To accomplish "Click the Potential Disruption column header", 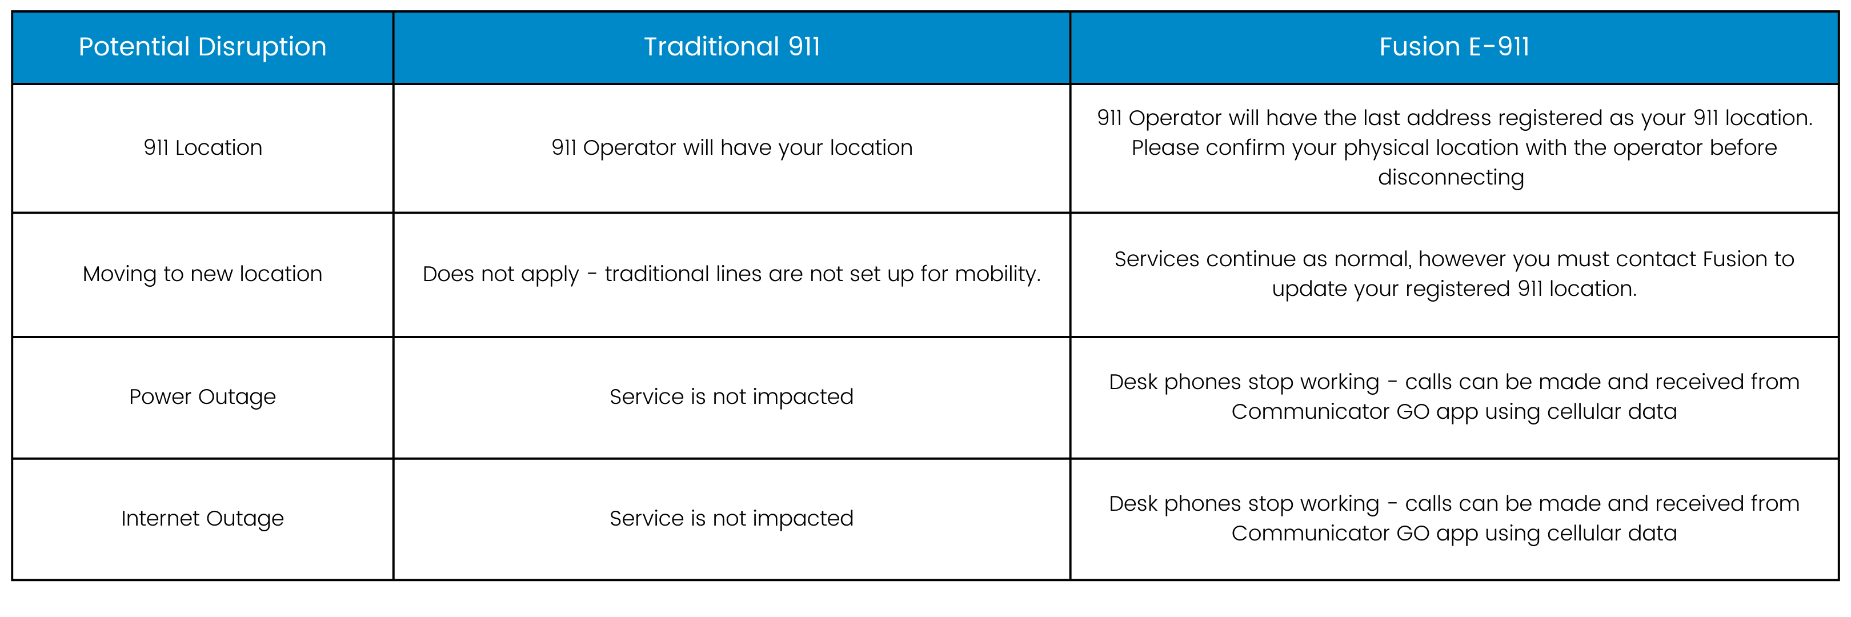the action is (x=203, y=47).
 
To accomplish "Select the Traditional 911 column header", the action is (x=731, y=47).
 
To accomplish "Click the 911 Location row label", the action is (x=203, y=147).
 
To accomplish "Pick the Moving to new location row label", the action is (x=203, y=274).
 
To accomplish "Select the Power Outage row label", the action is (x=203, y=397).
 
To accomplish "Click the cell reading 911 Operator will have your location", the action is (x=731, y=148).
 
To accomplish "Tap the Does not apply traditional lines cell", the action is (x=731, y=274).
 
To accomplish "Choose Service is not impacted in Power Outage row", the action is (x=731, y=396).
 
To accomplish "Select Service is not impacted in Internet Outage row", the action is (x=731, y=518).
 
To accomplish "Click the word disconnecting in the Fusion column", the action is (x=1451, y=178).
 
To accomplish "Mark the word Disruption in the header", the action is (x=262, y=47).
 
